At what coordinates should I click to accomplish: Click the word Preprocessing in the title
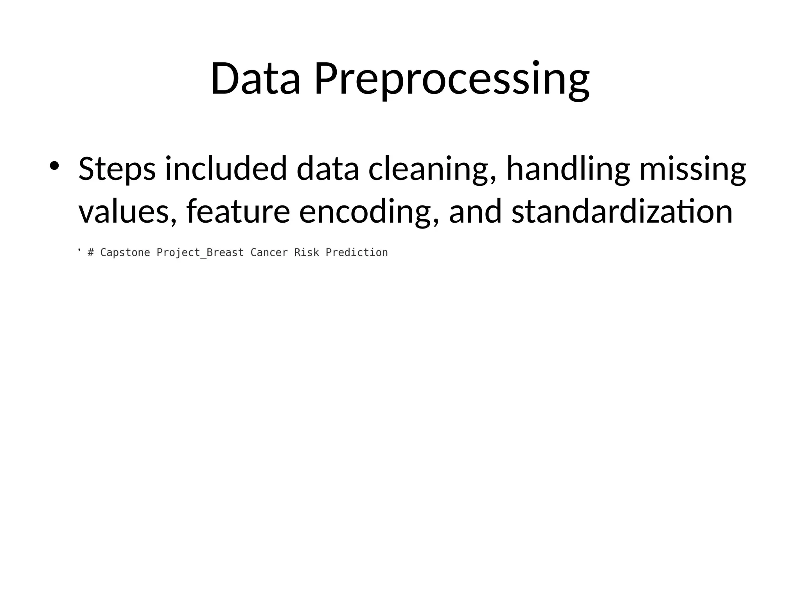(452, 80)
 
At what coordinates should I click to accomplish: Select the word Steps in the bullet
(117, 169)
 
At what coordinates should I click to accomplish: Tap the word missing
(693, 169)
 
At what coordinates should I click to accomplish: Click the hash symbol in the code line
(91, 253)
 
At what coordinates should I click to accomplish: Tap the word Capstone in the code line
(125, 253)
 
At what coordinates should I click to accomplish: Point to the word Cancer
(269, 253)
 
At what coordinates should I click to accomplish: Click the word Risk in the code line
(307, 253)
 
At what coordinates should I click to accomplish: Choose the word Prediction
(357, 253)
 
